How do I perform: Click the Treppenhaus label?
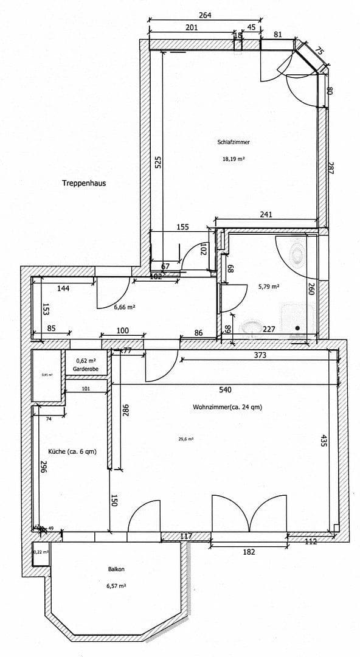tap(84, 182)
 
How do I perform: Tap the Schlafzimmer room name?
tap(234, 142)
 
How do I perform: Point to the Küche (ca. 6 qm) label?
tap(72, 451)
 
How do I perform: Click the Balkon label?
tap(117, 569)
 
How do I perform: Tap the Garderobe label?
tap(86, 369)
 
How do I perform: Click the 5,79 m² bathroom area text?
tap(268, 287)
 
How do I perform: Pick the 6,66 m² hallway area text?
tap(124, 308)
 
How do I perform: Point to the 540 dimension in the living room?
tap(225, 389)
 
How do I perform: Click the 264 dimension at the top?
tap(205, 16)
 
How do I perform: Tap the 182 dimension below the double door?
tap(249, 552)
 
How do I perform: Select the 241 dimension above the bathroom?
tap(266, 214)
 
